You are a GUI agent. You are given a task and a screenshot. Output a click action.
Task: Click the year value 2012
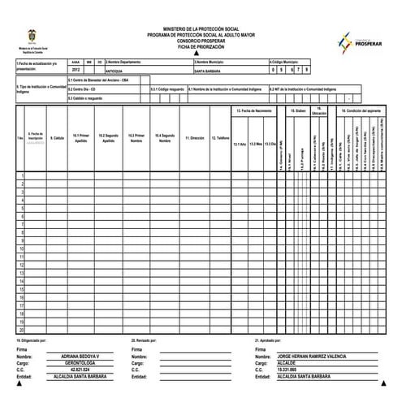[76, 71]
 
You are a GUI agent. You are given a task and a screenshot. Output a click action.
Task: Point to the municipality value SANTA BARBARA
[208, 71]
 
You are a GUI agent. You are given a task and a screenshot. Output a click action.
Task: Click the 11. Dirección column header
[194, 138]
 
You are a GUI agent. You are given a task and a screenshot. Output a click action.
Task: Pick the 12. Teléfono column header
[220, 138]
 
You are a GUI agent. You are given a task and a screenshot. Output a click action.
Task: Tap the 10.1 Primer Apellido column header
[80, 138]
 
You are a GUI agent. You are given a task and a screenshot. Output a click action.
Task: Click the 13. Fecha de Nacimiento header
[253, 109]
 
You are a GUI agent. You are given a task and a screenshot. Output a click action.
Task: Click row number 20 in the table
[21, 330]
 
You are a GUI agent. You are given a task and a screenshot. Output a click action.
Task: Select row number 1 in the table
[22, 175]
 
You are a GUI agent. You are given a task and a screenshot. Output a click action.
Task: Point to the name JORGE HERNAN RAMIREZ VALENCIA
[322, 356]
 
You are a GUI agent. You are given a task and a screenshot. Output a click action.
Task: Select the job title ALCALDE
[288, 363]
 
